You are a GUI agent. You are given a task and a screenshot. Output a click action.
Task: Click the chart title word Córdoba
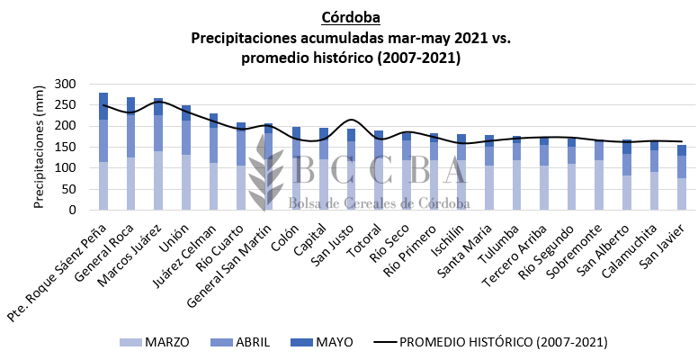349,18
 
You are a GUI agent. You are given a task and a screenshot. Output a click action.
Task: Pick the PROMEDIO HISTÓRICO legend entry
490,342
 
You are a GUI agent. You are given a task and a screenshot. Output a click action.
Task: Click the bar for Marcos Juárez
158,154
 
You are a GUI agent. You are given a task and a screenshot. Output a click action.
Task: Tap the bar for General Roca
131,153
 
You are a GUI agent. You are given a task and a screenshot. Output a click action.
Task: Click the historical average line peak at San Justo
351,120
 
